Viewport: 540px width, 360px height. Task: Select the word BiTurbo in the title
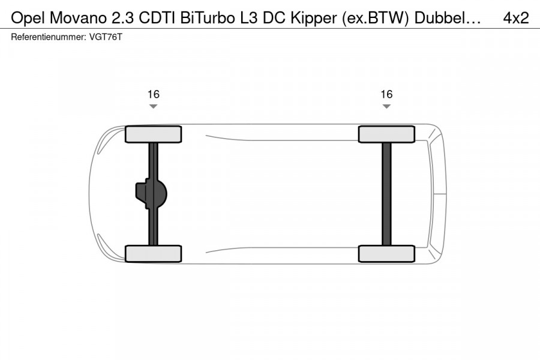coord(206,18)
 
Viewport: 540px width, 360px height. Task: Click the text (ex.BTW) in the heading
coord(375,19)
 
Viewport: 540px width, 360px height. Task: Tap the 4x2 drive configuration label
coord(515,18)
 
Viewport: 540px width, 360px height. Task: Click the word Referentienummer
coord(49,37)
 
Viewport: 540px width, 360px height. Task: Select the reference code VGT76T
coord(106,37)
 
